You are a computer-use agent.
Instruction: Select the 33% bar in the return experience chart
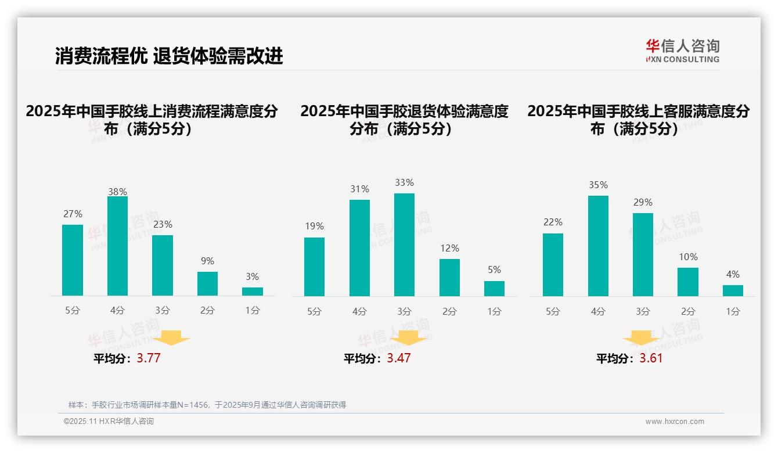tap(404, 245)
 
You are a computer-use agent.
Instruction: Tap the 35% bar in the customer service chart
tap(598, 246)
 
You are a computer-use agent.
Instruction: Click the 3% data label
tap(252, 277)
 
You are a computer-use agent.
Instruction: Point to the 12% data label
tap(449, 249)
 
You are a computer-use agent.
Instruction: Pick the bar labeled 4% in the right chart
tap(733, 290)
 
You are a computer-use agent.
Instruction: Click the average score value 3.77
tap(149, 358)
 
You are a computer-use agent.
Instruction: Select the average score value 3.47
tap(399, 358)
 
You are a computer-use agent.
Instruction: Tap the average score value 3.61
tap(651, 358)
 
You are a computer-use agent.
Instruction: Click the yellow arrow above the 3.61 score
tap(641, 339)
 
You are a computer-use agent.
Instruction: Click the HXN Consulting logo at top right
tap(682, 51)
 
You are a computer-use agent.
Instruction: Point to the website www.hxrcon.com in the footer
tap(674, 422)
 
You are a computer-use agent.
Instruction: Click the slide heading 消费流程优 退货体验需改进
tap(169, 56)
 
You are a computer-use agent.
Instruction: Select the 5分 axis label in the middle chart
tap(314, 312)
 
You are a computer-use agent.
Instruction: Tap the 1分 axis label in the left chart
tap(252, 311)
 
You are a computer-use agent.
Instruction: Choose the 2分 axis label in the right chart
tap(687, 312)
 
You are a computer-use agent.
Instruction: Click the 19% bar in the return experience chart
tap(314, 267)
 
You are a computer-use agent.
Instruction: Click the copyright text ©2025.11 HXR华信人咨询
tap(109, 422)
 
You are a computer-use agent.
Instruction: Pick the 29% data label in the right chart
tap(643, 203)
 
